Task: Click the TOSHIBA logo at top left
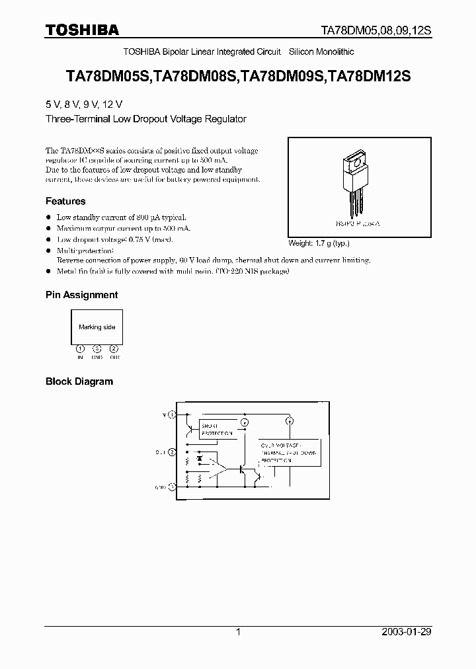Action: click(x=82, y=30)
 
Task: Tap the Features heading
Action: click(x=65, y=201)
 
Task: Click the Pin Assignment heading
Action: click(x=81, y=295)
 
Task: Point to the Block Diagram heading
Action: click(x=79, y=381)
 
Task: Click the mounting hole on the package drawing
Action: click(x=357, y=160)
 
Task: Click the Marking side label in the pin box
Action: click(x=97, y=327)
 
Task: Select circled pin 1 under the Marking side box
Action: click(x=80, y=348)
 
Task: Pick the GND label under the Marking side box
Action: click(x=97, y=356)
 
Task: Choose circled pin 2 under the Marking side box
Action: click(x=114, y=348)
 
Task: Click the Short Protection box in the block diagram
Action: click(x=217, y=429)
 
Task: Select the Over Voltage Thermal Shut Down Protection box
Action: click(x=287, y=453)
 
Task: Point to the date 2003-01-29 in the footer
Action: click(x=407, y=632)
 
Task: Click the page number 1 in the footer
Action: click(x=238, y=632)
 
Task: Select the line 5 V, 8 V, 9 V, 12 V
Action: click(x=84, y=105)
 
